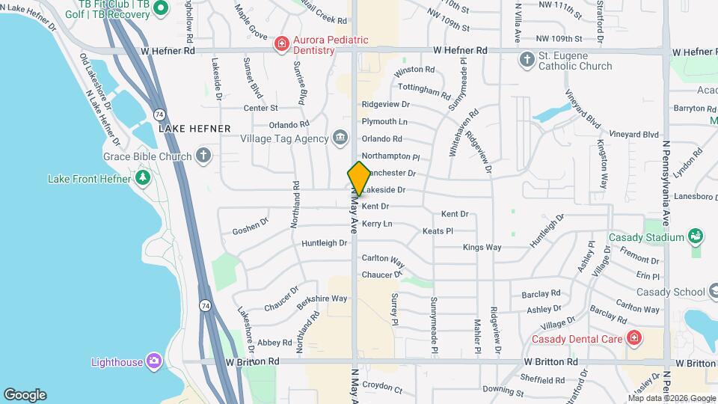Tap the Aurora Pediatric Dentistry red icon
click(281, 44)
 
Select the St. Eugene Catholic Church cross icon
click(527, 59)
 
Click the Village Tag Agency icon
click(340, 138)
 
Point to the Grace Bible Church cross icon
click(203, 156)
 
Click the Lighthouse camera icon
click(154, 361)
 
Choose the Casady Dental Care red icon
click(633, 338)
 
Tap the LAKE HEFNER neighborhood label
click(194, 129)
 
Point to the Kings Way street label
click(482, 247)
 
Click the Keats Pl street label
click(438, 231)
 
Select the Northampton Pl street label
click(391, 156)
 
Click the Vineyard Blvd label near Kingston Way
click(633, 135)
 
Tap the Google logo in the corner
click(25, 395)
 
